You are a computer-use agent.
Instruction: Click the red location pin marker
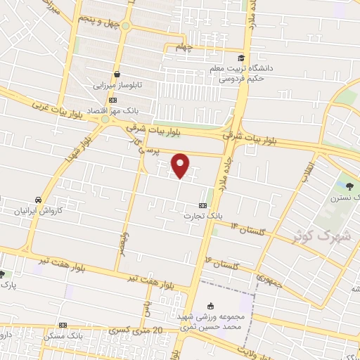pos(181,165)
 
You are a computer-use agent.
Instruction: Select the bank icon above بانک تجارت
pos(202,205)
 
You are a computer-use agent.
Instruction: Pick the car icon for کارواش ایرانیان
pos(38,199)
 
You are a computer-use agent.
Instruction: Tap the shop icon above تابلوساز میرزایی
pos(117,73)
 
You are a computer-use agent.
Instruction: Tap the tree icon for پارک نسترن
pos(350,186)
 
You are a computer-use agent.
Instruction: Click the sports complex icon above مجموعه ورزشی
pos(210,306)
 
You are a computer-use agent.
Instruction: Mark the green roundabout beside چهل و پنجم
pos(126,26)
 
